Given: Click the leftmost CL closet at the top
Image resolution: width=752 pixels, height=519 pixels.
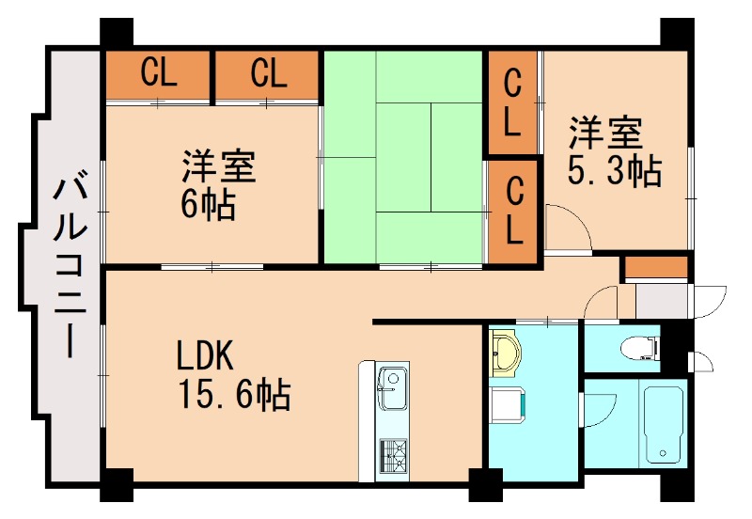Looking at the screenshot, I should pyautogui.click(x=158, y=74).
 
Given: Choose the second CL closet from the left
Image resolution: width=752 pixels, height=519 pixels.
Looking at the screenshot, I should pyautogui.click(x=269, y=74).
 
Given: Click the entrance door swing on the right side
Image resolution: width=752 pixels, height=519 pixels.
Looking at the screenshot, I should pyautogui.click(x=710, y=299).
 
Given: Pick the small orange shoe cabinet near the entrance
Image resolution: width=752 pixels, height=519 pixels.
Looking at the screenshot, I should pyautogui.click(x=655, y=267).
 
